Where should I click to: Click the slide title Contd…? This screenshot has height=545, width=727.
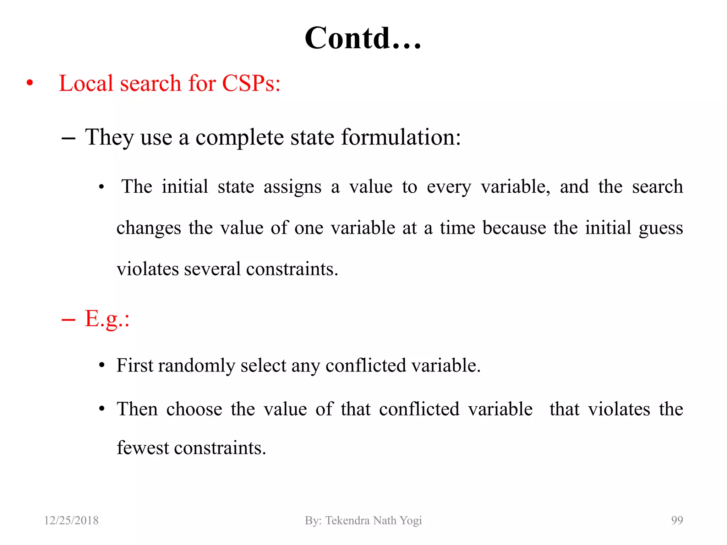(363, 38)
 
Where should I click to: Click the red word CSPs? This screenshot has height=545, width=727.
(251, 84)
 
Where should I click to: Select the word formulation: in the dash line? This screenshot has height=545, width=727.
(401, 137)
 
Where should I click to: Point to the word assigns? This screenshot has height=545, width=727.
(292, 187)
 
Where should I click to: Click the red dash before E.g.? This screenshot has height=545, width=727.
(68, 320)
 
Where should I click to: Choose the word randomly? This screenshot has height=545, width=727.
(196, 366)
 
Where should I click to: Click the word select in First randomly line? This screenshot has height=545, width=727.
(263, 365)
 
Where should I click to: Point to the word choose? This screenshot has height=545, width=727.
(194, 409)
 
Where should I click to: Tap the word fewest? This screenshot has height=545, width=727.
(143, 448)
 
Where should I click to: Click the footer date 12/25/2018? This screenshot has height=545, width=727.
(71, 521)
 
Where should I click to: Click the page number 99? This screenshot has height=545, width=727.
(677, 521)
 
